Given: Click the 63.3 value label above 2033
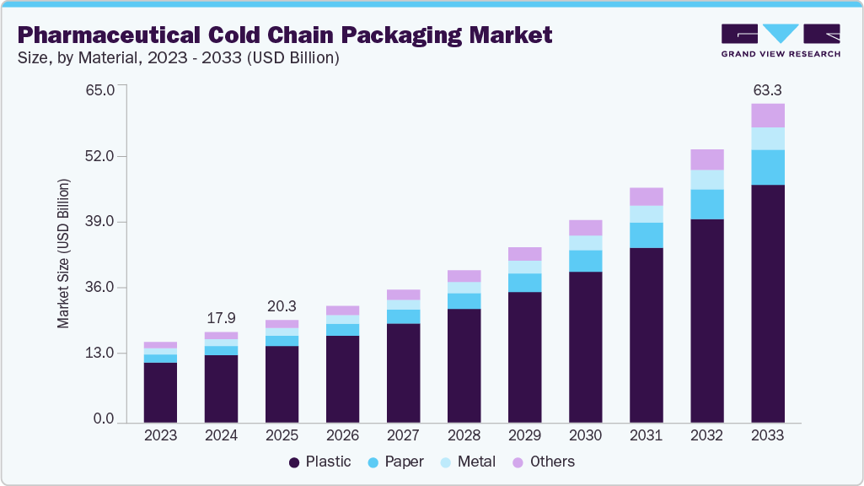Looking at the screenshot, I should coord(767,90).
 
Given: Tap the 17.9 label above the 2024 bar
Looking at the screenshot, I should coord(221,319).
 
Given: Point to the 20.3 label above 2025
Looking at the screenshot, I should coord(282,306).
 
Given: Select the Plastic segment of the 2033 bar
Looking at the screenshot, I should coord(767,304).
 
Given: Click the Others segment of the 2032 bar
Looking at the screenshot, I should coord(706,159).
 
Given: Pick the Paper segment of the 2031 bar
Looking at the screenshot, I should coord(646,235).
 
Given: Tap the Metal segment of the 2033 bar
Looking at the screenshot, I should coord(767,138).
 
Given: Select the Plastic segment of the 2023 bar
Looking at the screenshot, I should coord(160,392).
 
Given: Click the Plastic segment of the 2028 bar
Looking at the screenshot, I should coord(464,365).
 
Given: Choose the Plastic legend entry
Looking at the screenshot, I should coord(319,462).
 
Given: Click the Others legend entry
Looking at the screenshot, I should coord(545,462).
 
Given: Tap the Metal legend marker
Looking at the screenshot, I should coord(447,462).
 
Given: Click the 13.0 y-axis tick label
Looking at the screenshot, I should coord(109,353).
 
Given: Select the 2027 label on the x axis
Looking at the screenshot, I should coord(403,436).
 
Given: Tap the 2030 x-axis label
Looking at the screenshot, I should coord(585,436).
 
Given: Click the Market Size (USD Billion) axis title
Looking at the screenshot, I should coord(63,254).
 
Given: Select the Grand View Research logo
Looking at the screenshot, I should coord(780,40).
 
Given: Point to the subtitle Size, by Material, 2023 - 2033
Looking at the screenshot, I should coord(179,58).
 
